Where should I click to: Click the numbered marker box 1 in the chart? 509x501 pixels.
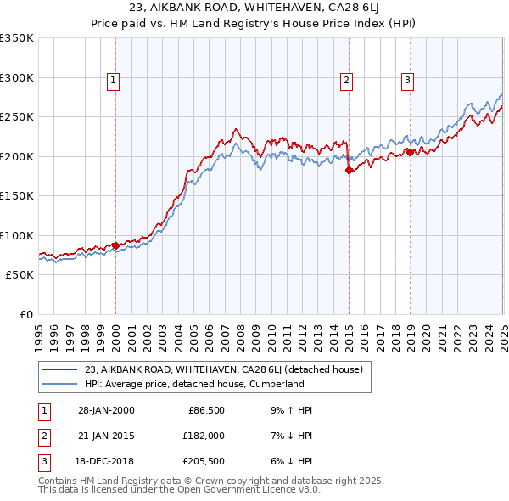coord(113,81)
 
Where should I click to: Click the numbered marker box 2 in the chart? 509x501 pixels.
coord(347,81)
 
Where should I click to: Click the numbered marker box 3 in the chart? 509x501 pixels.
coord(407,81)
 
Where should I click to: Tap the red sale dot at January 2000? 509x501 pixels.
coord(115,245)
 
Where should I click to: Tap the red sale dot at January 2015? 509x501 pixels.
coord(349,170)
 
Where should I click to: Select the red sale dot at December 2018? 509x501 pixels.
coord(410,152)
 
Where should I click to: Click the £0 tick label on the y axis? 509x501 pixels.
coord(25,314)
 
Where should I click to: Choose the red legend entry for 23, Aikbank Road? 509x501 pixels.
coord(223,369)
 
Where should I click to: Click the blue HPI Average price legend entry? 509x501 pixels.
coord(194,384)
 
